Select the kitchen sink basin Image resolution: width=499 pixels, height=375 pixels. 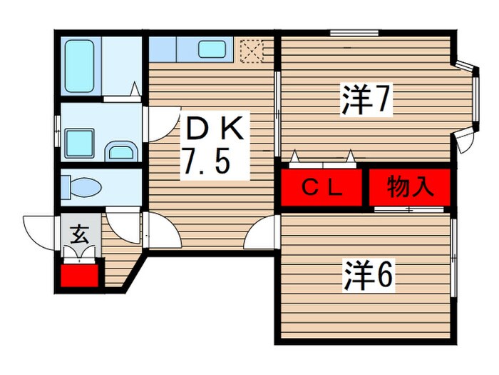pyautogui.click(x=212, y=49)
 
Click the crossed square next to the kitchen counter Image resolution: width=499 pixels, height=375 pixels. pyautogui.click(x=251, y=50)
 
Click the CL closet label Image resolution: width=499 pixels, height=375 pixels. pyautogui.click(x=322, y=188)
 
